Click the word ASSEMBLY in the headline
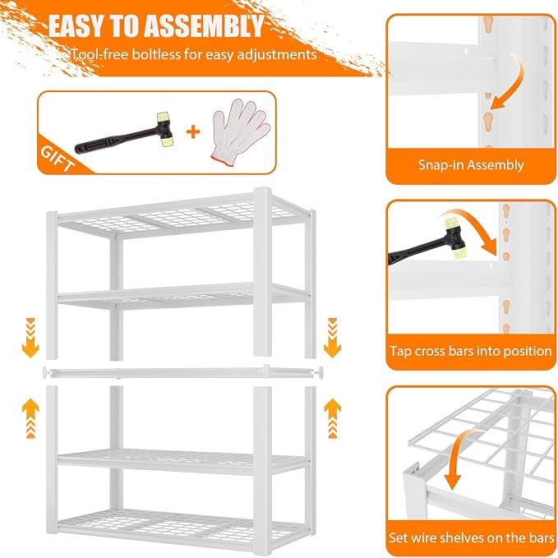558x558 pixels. click(205, 26)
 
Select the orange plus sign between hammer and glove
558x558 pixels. click(193, 132)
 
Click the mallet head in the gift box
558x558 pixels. click(165, 130)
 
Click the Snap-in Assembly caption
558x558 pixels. click(471, 165)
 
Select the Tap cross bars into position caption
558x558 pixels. click(470, 351)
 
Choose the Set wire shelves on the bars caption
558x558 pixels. click(471, 537)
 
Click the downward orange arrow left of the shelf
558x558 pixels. click(30, 338)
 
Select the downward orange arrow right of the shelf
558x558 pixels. click(332, 338)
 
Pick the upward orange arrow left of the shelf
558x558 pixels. click(30, 418)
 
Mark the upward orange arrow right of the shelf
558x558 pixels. click(332, 418)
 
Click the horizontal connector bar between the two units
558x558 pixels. click(182, 372)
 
